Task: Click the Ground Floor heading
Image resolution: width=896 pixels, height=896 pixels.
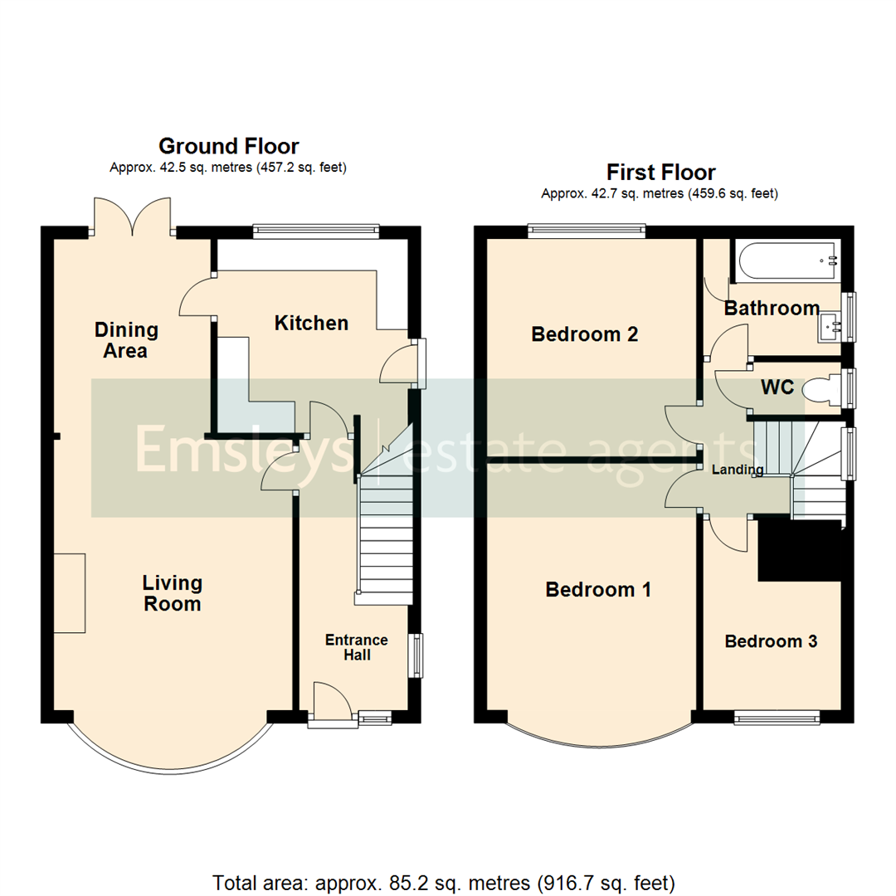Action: click(228, 147)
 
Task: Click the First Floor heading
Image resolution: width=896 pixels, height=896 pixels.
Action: click(660, 173)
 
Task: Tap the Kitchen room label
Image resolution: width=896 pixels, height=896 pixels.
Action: click(311, 323)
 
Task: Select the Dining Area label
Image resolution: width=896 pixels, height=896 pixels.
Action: click(126, 340)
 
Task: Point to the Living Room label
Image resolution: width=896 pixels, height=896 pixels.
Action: click(172, 593)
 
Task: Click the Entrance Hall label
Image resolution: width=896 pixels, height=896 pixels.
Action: click(356, 647)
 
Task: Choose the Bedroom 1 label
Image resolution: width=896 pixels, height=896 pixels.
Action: click(597, 590)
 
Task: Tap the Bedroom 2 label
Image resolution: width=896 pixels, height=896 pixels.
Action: click(585, 334)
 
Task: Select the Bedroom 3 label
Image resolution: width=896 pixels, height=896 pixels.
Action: click(771, 641)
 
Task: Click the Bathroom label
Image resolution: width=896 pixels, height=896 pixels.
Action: click(772, 309)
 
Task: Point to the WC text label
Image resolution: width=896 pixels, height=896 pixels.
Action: click(777, 387)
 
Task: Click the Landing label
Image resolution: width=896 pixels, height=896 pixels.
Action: click(738, 470)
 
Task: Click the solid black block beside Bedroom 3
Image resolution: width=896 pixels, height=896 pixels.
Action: click(799, 552)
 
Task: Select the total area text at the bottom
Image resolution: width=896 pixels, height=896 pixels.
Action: click(444, 881)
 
